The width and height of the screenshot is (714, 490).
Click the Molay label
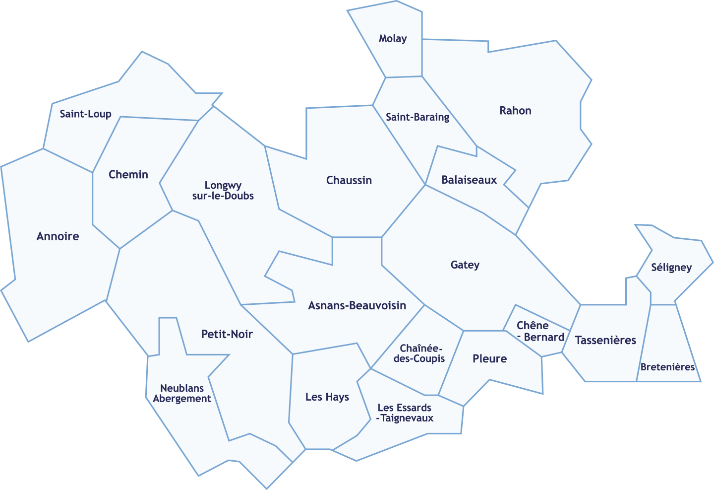coord(393,39)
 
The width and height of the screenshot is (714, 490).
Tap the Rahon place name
coord(515,111)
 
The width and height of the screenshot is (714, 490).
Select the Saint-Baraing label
coord(417,117)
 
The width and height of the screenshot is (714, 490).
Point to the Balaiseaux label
coord(469,180)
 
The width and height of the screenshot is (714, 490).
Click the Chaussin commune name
coord(349,180)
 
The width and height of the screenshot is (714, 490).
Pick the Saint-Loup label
coord(86,114)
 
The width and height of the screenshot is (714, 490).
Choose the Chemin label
coord(128,175)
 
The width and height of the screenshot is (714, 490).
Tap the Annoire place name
coord(58,236)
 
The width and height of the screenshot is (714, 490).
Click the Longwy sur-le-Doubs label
coord(223,191)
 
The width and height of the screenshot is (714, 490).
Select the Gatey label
coord(465,265)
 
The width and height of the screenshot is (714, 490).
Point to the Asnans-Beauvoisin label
coord(357,305)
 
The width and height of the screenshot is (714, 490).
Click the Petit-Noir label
coord(227,334)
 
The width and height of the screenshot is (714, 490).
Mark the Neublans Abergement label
coord(182,393)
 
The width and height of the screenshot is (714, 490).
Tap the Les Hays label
coord(327,397)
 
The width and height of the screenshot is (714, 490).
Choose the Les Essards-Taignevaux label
coord(405,413)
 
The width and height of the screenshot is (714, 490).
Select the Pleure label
coord(489,359)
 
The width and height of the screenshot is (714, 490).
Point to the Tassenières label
coord(605,341)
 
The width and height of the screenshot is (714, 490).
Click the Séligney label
coord(671,268)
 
